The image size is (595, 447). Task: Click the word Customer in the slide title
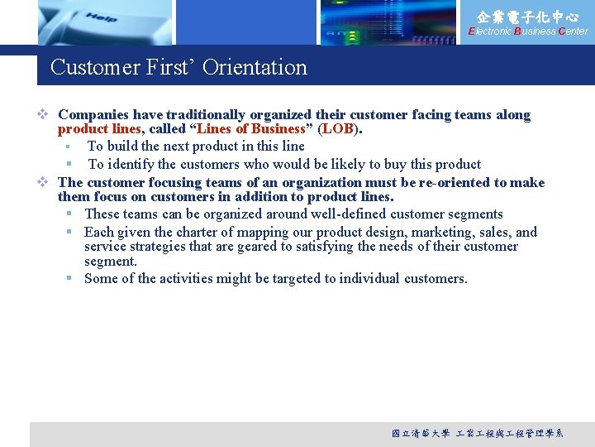[x=90, y=67]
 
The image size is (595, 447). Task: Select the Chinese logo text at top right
[x=528, y=16]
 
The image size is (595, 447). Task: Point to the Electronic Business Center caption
[x=528, y=31]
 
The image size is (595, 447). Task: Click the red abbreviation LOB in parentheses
[x=337, y=129]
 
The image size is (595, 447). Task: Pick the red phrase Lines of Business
[x=250, y=129]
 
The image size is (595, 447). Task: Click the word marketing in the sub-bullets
[x=439, y=232]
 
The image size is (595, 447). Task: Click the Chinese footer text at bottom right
[x=478, y=434]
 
